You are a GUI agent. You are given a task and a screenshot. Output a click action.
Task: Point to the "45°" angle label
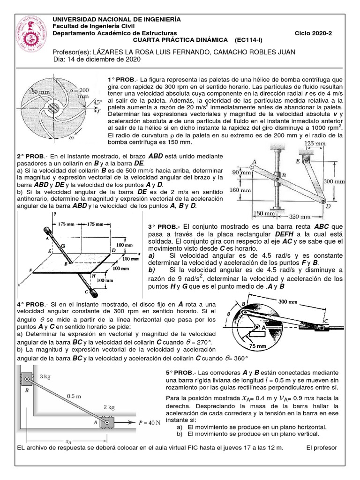[97, 102]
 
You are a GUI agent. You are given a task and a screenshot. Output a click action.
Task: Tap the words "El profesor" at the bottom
[322, 448]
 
